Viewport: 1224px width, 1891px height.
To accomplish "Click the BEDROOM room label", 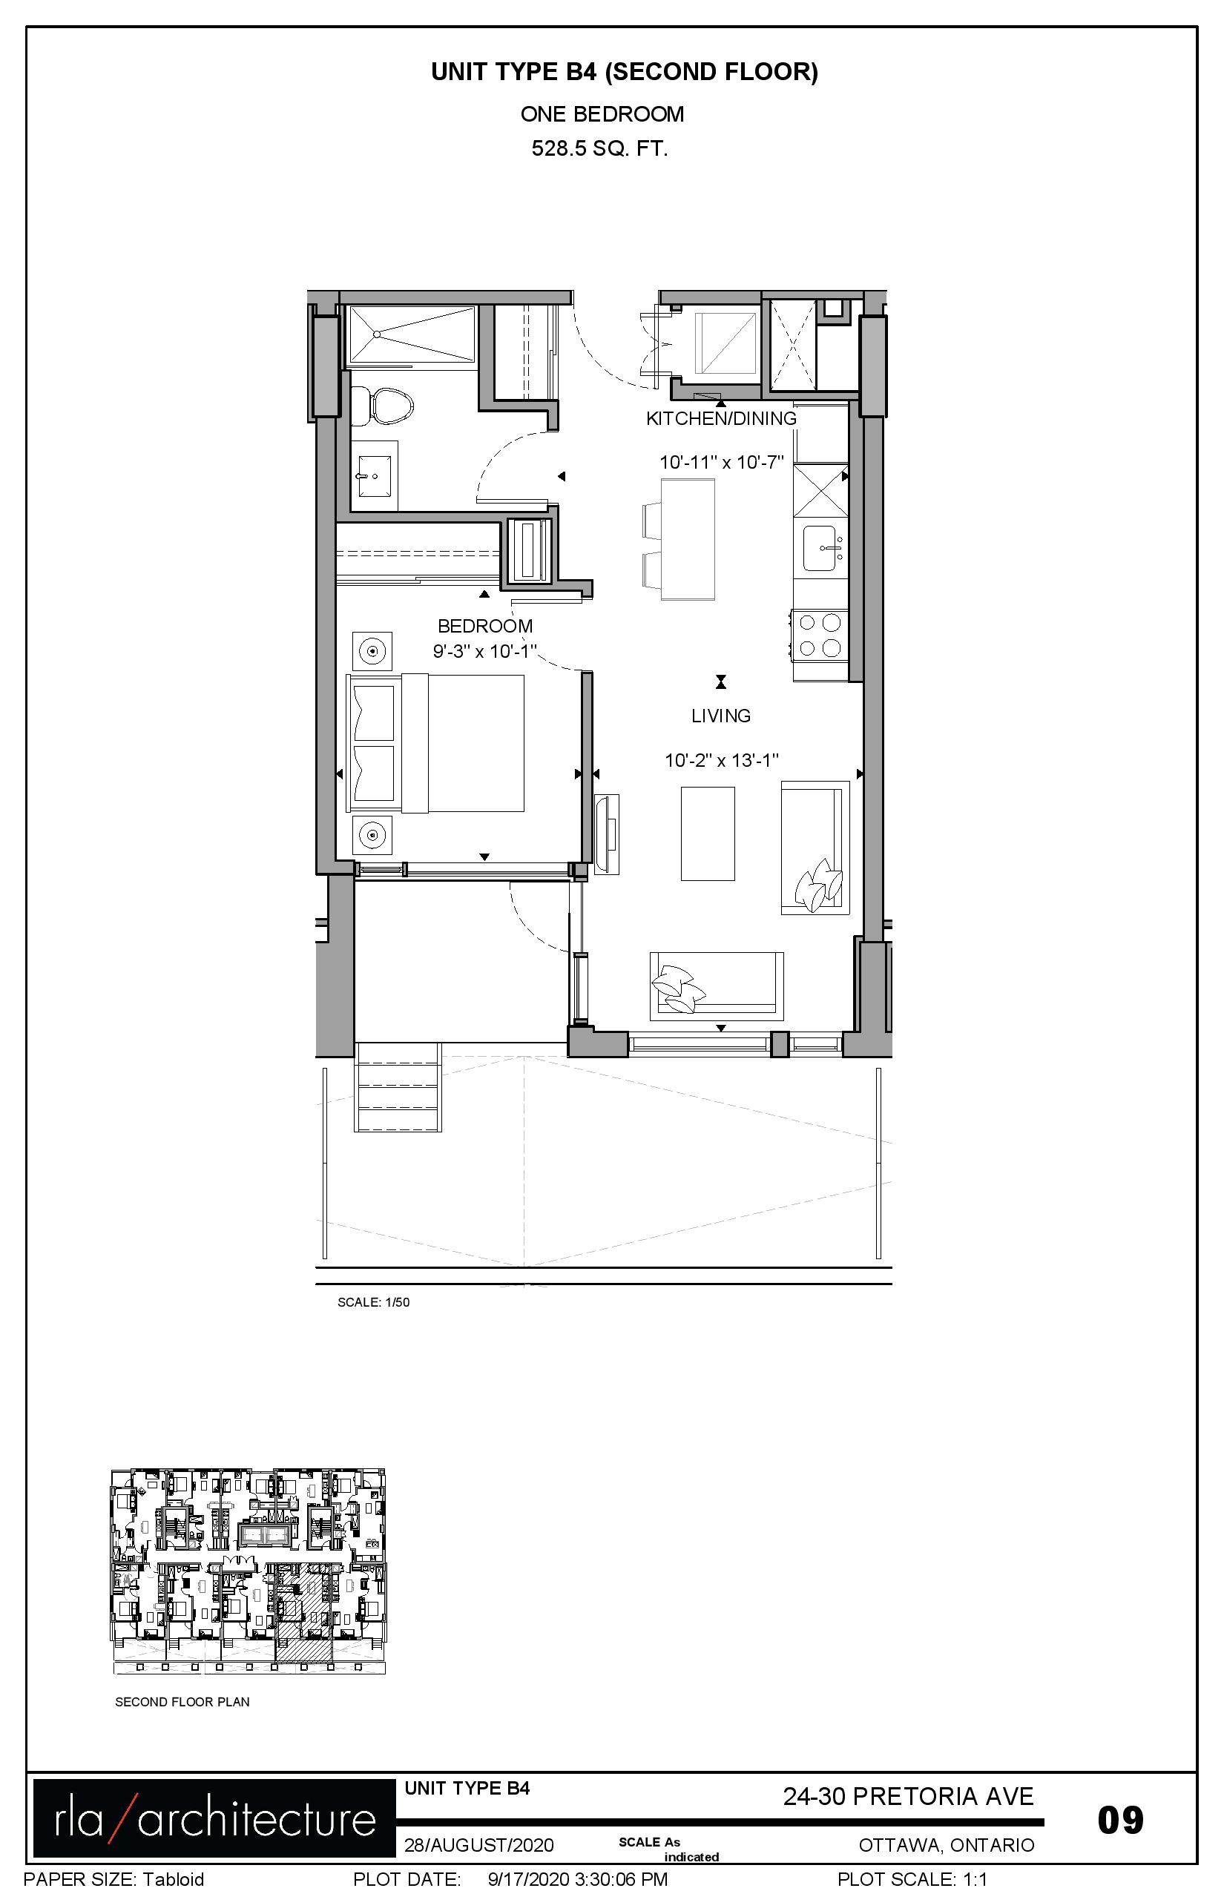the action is click(485, 626).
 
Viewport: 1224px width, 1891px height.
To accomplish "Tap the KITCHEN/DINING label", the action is click(721, 419).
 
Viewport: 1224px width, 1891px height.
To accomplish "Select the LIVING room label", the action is click(721, 716).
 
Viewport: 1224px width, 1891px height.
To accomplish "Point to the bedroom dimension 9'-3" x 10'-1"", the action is click(485, 652).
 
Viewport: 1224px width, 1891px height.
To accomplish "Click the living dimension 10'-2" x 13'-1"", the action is click(722, 760).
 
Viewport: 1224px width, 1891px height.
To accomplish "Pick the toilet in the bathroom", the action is click(382, 406).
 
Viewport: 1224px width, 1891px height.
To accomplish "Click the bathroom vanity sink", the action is click(375, 477).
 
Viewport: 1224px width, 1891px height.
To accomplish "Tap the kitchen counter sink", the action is click(821, 548).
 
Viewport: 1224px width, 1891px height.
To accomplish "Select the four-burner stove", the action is click(820, 635).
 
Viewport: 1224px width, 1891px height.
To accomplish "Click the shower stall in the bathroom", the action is click(412, 334).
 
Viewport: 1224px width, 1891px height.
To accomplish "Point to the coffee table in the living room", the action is click(708, 834).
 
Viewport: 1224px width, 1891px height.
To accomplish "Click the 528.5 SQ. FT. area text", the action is click(600, 148).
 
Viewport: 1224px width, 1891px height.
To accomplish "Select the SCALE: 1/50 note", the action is click(374, 1302).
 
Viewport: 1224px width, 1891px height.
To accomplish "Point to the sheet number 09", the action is click(1121, 1820).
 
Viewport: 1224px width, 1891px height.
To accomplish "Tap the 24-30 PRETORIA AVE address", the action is click(909, 1796).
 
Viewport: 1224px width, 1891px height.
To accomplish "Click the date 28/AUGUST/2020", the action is click(478, 1845).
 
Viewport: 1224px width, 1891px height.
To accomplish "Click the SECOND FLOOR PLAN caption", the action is click(182, 1702).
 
